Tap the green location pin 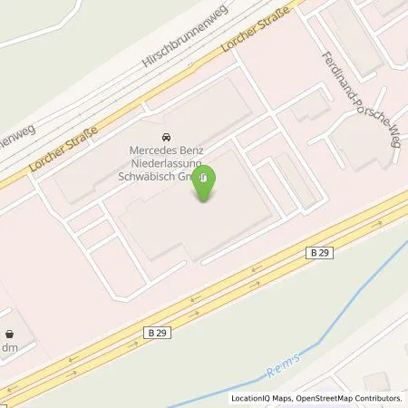(x=206, y=182)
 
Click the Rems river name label (x=282, y=367)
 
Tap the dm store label (x=10, y=346)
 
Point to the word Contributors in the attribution (x=379, y=398)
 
